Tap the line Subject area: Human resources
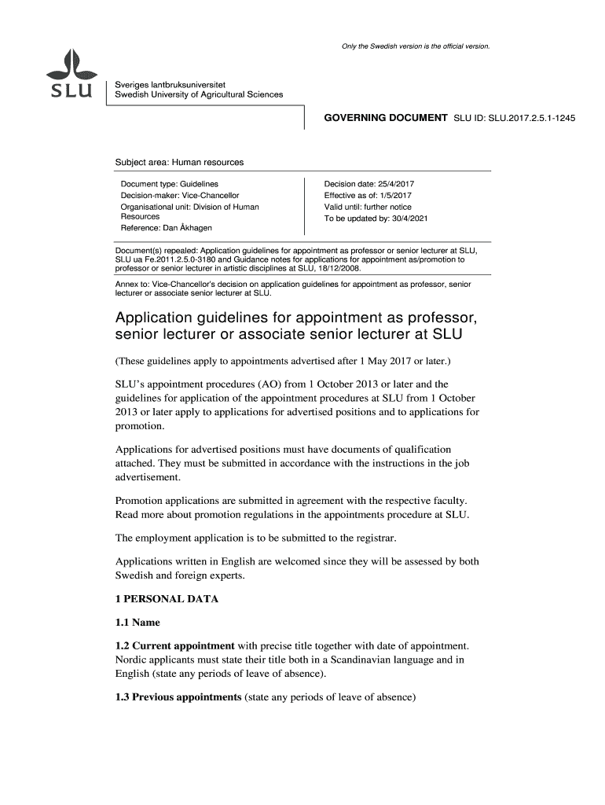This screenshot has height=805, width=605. point(179,163)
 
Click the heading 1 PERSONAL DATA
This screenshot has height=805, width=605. point(167,600)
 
